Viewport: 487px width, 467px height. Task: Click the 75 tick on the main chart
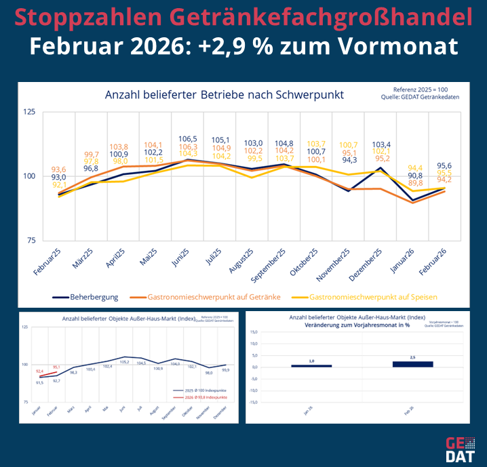coord(31,241)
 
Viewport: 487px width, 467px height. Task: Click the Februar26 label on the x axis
coord(431,261)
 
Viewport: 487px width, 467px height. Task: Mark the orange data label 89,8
coord(416,183)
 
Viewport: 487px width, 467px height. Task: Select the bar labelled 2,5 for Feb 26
coord(412,364)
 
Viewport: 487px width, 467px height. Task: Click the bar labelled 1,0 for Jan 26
coord(311,366)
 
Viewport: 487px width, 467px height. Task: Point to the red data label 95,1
coord(56,367)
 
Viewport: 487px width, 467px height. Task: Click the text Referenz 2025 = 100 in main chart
coord(420,89)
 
